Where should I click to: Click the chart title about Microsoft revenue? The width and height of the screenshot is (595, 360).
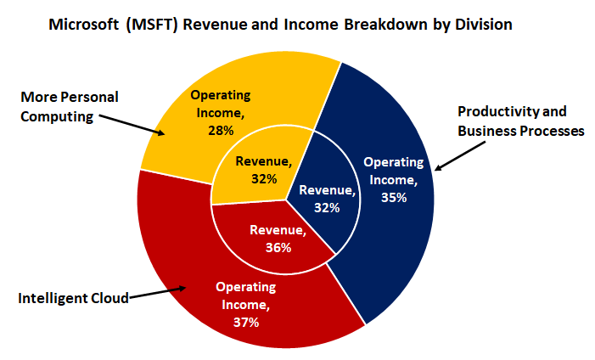click(x=280, y=24)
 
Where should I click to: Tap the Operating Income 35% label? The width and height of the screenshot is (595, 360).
click(x=393, y=178)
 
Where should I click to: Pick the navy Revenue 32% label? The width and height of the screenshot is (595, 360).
click(x=327, y=198)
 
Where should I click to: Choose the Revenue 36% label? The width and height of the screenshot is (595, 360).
click(x=278, y=239)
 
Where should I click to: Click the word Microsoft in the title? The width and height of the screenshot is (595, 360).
click(x=83, y=24)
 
